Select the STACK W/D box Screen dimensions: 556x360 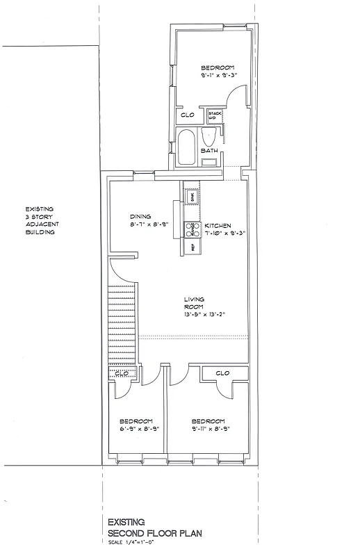[214, 116]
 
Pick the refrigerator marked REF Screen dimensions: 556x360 [191, 247]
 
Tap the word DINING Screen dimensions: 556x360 [140, 216]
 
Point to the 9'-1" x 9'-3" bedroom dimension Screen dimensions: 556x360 [213, 74]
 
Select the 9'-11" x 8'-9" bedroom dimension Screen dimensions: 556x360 [208, 429]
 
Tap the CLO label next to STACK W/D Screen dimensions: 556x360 [187, 116]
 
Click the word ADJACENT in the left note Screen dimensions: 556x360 [40, 224]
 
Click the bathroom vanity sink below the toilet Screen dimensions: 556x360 [209, 162]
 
